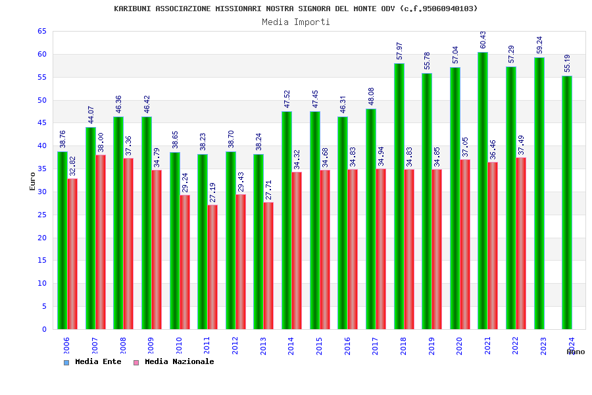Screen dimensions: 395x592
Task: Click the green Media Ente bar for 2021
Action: [x=483, y=191]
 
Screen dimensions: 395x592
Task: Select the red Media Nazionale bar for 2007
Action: [x=101, y=242]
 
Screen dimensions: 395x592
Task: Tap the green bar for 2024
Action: [x=567, y=203]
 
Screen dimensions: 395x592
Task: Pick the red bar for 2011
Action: [x=212, y=267]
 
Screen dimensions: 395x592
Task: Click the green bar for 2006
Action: [x=62, y=240]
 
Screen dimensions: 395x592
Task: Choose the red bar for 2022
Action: [x=521, y=244]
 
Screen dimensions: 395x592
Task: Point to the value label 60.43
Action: [x=483, y=39]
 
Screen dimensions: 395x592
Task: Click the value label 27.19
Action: [x=213, y=192]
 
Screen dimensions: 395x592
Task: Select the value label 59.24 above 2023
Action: [x=539, y=45]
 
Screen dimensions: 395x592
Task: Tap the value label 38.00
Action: [x=101, y=142]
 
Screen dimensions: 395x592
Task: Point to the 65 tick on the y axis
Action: [x=42, y=32]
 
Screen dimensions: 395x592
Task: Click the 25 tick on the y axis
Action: [x=42, y=215]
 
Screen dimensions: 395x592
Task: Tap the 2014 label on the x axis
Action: [x=291, y=346]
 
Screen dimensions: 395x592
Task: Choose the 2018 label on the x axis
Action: [x=403, y=346]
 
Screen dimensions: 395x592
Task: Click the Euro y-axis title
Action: [x=33, y=181]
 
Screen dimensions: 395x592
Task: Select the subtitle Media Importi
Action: [x=296, y=22]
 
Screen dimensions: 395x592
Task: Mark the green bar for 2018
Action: [x=399, y=196]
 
